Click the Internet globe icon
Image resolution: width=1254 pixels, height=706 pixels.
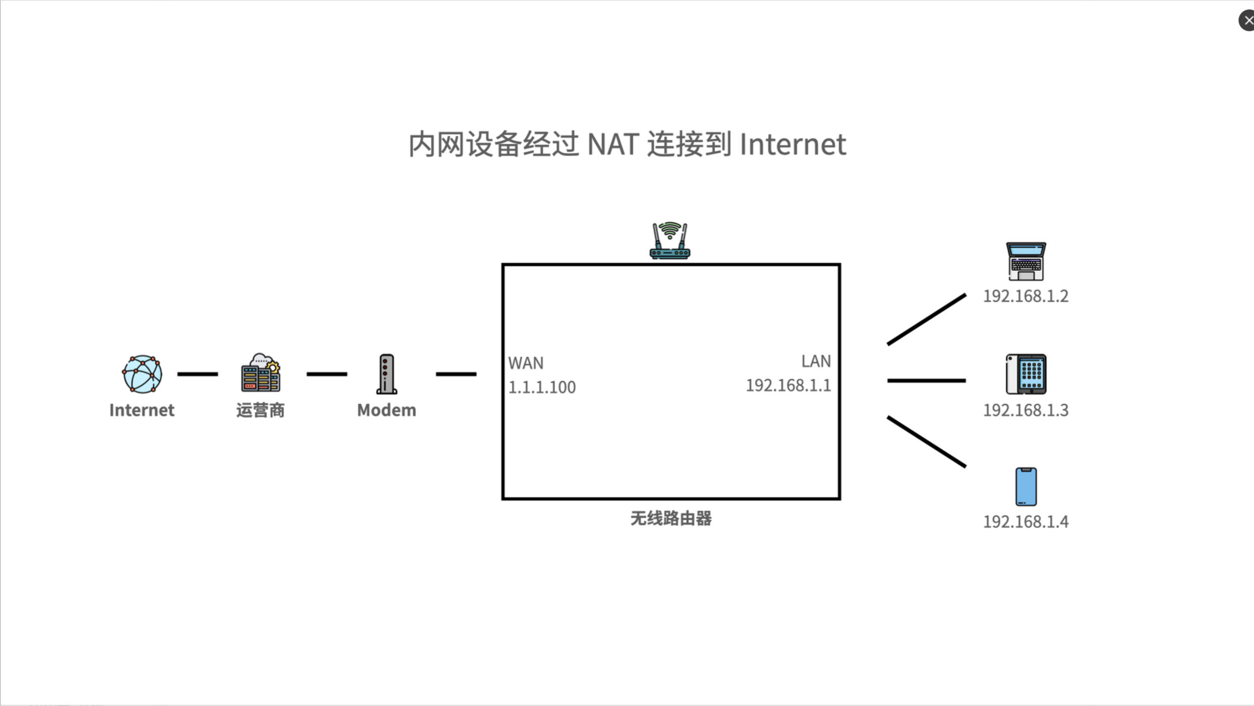(142, 374)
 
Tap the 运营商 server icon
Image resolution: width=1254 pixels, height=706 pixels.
(261, 373)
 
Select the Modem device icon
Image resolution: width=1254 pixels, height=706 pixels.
(387, 374)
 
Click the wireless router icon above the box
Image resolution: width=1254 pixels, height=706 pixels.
(670, 241)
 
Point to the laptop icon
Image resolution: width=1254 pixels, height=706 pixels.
(1026, 261)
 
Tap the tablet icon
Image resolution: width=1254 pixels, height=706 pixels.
(1026, 374)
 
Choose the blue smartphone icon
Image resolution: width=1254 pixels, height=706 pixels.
(1026, 487)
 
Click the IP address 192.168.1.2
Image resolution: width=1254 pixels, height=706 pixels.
(1026, 296)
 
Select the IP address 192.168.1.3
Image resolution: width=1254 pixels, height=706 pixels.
(1026, 410)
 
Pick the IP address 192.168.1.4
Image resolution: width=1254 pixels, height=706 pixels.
(1026, 521)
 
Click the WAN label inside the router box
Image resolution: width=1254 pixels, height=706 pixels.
(526, 363)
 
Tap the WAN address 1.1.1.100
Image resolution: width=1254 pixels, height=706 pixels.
(542, 387)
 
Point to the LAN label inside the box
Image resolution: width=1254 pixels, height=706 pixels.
(816, 361)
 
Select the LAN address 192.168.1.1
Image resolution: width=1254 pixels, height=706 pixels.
(788, 385)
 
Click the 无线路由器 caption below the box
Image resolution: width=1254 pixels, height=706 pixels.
(671, 518)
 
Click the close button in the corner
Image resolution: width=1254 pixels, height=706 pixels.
(1247, 21)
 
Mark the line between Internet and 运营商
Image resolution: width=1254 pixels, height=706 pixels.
(198, 374)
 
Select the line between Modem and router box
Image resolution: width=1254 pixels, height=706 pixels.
(456, 374)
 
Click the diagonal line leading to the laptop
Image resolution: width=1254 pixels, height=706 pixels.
(926, 320)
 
